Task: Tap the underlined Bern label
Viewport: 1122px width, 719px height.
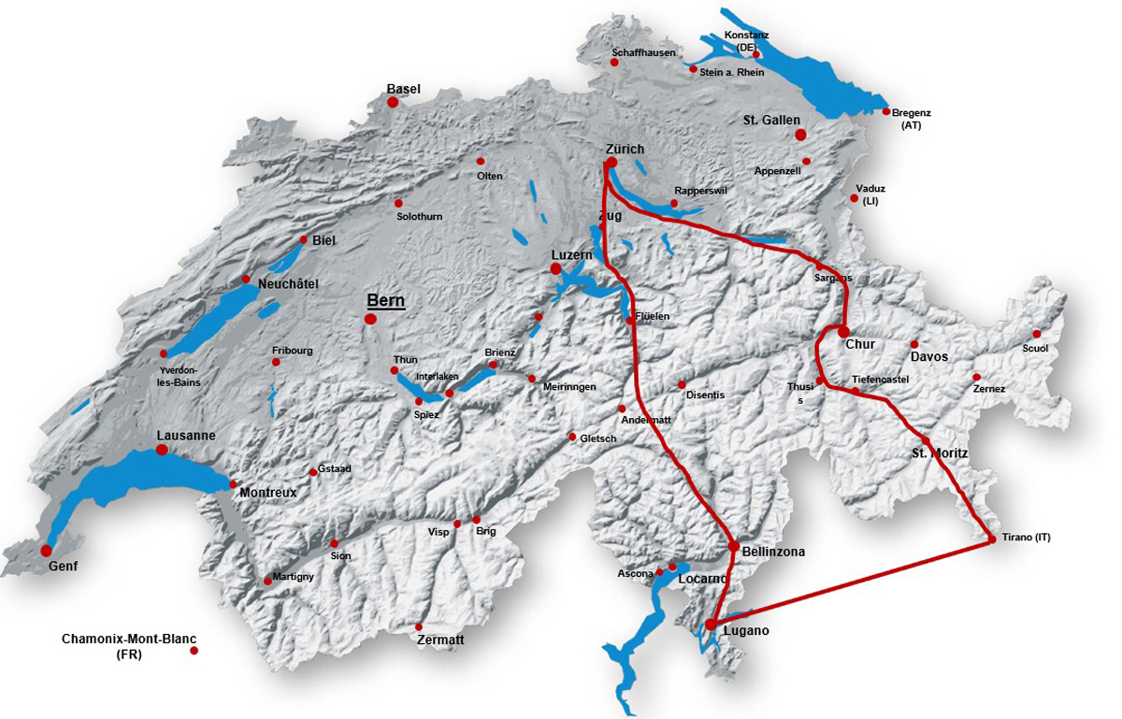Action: pos(385,300)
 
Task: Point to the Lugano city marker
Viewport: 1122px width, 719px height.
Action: pos(712,624)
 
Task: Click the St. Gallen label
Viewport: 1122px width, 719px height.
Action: pos(771,120)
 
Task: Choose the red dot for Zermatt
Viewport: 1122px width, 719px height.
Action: pos(419,626)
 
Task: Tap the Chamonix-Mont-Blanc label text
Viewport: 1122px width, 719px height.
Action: pos(129,640)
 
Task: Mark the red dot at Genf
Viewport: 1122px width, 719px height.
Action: pos(46,551)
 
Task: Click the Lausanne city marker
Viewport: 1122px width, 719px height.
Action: pos(162,450)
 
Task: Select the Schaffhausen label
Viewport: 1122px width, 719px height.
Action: pos(643,52)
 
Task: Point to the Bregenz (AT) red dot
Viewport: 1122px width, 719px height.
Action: pos(885,111)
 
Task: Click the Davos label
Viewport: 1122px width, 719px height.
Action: pos(928,356)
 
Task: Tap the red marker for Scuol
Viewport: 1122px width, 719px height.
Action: pos(1036,334)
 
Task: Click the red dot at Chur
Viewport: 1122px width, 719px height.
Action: pos(843,331)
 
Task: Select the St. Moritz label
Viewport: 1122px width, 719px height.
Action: pos(940,453)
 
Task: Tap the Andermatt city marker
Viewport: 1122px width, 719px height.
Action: pos(622,409)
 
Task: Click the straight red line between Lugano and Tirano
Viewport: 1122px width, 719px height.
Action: pos(851,582)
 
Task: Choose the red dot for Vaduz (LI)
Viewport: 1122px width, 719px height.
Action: pos(854,198)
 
